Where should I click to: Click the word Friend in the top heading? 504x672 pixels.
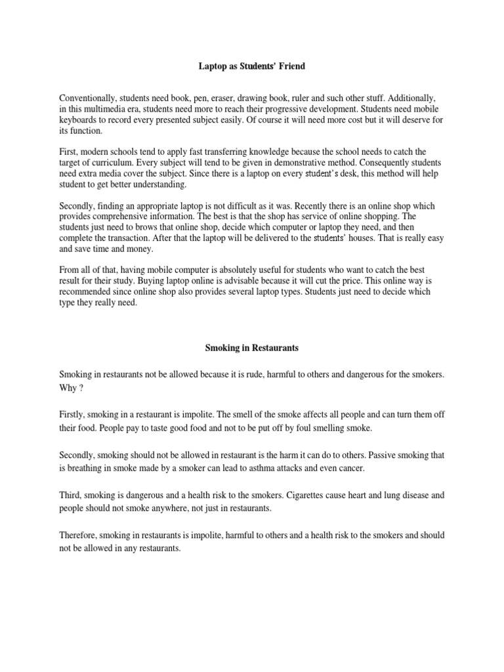pos(291,67)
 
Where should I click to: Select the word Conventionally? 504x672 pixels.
pos(88,96)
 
